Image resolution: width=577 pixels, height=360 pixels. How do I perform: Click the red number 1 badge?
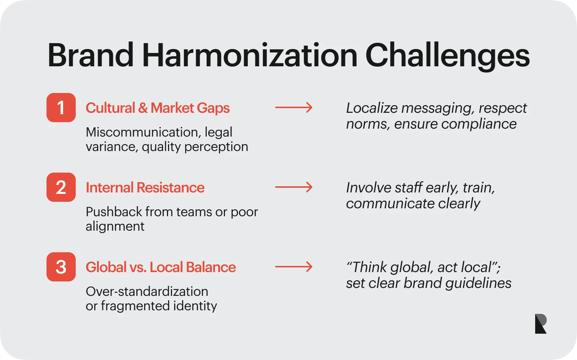coord(61,107)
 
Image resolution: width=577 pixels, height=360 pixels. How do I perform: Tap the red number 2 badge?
coord(61,187)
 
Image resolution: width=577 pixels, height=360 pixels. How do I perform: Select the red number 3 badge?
coord(61,267)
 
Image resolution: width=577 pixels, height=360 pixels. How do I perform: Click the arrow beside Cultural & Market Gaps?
coord(294,107)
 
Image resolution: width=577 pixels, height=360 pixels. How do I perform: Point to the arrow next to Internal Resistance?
coord(294,187)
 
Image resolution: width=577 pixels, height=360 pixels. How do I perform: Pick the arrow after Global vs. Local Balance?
coord(294,267)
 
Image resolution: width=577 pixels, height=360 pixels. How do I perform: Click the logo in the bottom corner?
coord(541,324)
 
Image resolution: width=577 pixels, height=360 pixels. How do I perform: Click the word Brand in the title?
coord(91,55)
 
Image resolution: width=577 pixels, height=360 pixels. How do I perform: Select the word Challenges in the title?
coord(448,57)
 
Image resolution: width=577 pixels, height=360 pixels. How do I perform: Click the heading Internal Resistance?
coord(145,187)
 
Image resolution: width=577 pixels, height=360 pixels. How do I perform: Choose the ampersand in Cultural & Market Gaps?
coord(143,108)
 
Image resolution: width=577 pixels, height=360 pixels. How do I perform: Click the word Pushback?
coord(114,212)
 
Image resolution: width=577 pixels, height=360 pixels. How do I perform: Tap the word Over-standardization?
coord(147,292)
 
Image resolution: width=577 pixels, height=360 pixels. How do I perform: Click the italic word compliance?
coord(479,124)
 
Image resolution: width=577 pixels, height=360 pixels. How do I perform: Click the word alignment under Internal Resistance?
coord(115,227)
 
